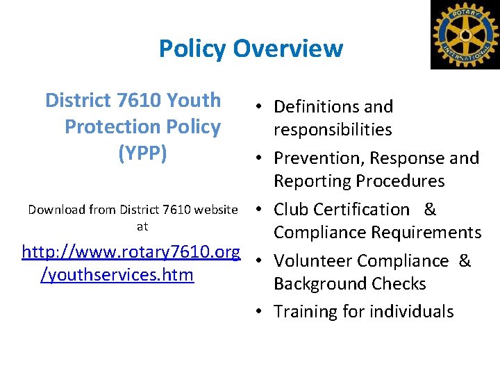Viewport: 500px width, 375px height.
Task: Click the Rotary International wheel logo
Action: click(465, 34)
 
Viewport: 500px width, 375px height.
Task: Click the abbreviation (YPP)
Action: click(143, 153)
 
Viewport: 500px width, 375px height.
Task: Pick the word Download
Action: click(56, 209)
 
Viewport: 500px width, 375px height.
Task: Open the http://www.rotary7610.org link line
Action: click(131, 251)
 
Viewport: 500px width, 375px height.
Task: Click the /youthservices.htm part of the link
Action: click(117, 275)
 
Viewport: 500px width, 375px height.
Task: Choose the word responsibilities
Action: click(333, 130)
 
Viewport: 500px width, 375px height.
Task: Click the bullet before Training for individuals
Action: click(257, 312)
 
